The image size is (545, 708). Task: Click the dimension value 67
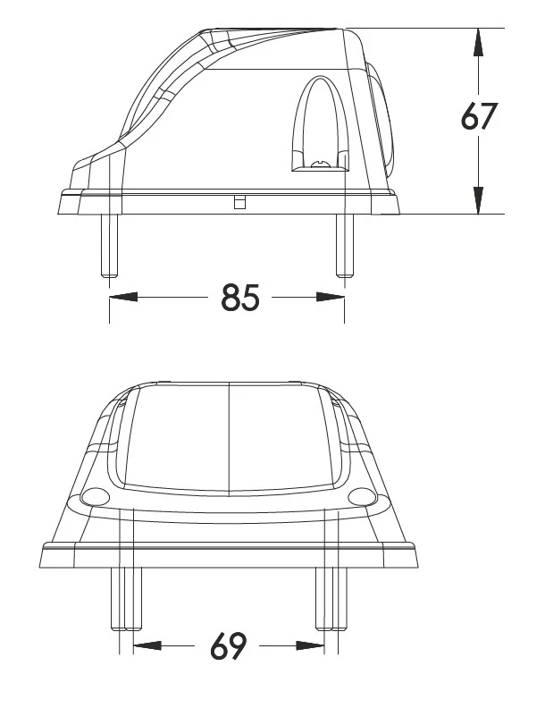(x=479, y=116)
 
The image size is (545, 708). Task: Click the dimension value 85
(x=240, y=298)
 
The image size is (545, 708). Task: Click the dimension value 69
(x=229, y=646)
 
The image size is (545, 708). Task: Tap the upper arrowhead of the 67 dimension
(x=478, y=42)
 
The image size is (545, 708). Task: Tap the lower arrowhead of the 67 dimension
(x=478, y=200)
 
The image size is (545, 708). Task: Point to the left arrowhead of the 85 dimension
(x=123, y=297)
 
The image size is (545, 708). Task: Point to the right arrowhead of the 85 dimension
(x=331, y=297)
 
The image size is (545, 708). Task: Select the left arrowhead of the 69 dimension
(x=147, y=646)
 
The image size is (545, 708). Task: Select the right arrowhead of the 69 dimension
(x=310, y=646)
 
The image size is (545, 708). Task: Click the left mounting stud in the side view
(x=109, y=245)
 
